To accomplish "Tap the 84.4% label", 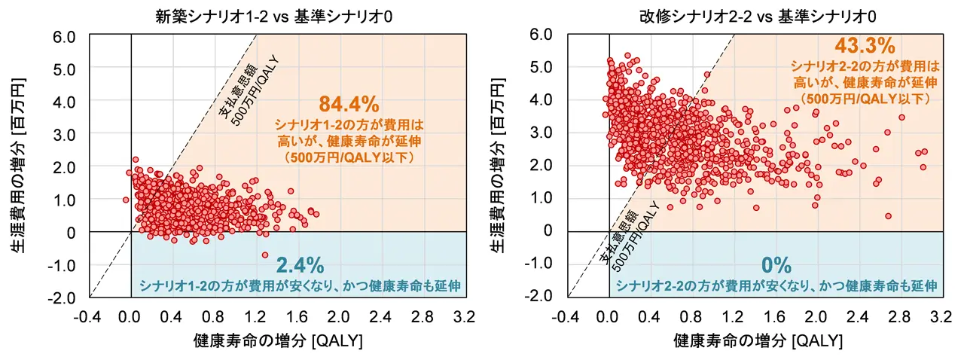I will click(x=348, y=103).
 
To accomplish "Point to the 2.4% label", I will click(x=300, y=265).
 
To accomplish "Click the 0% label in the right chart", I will click(x=776, y=265).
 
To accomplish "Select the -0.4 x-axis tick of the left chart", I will click(x=89, y=314).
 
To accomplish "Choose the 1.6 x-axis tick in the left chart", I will click(x=301, y=314).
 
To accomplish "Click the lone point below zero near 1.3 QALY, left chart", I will click(x=265, y=255).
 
